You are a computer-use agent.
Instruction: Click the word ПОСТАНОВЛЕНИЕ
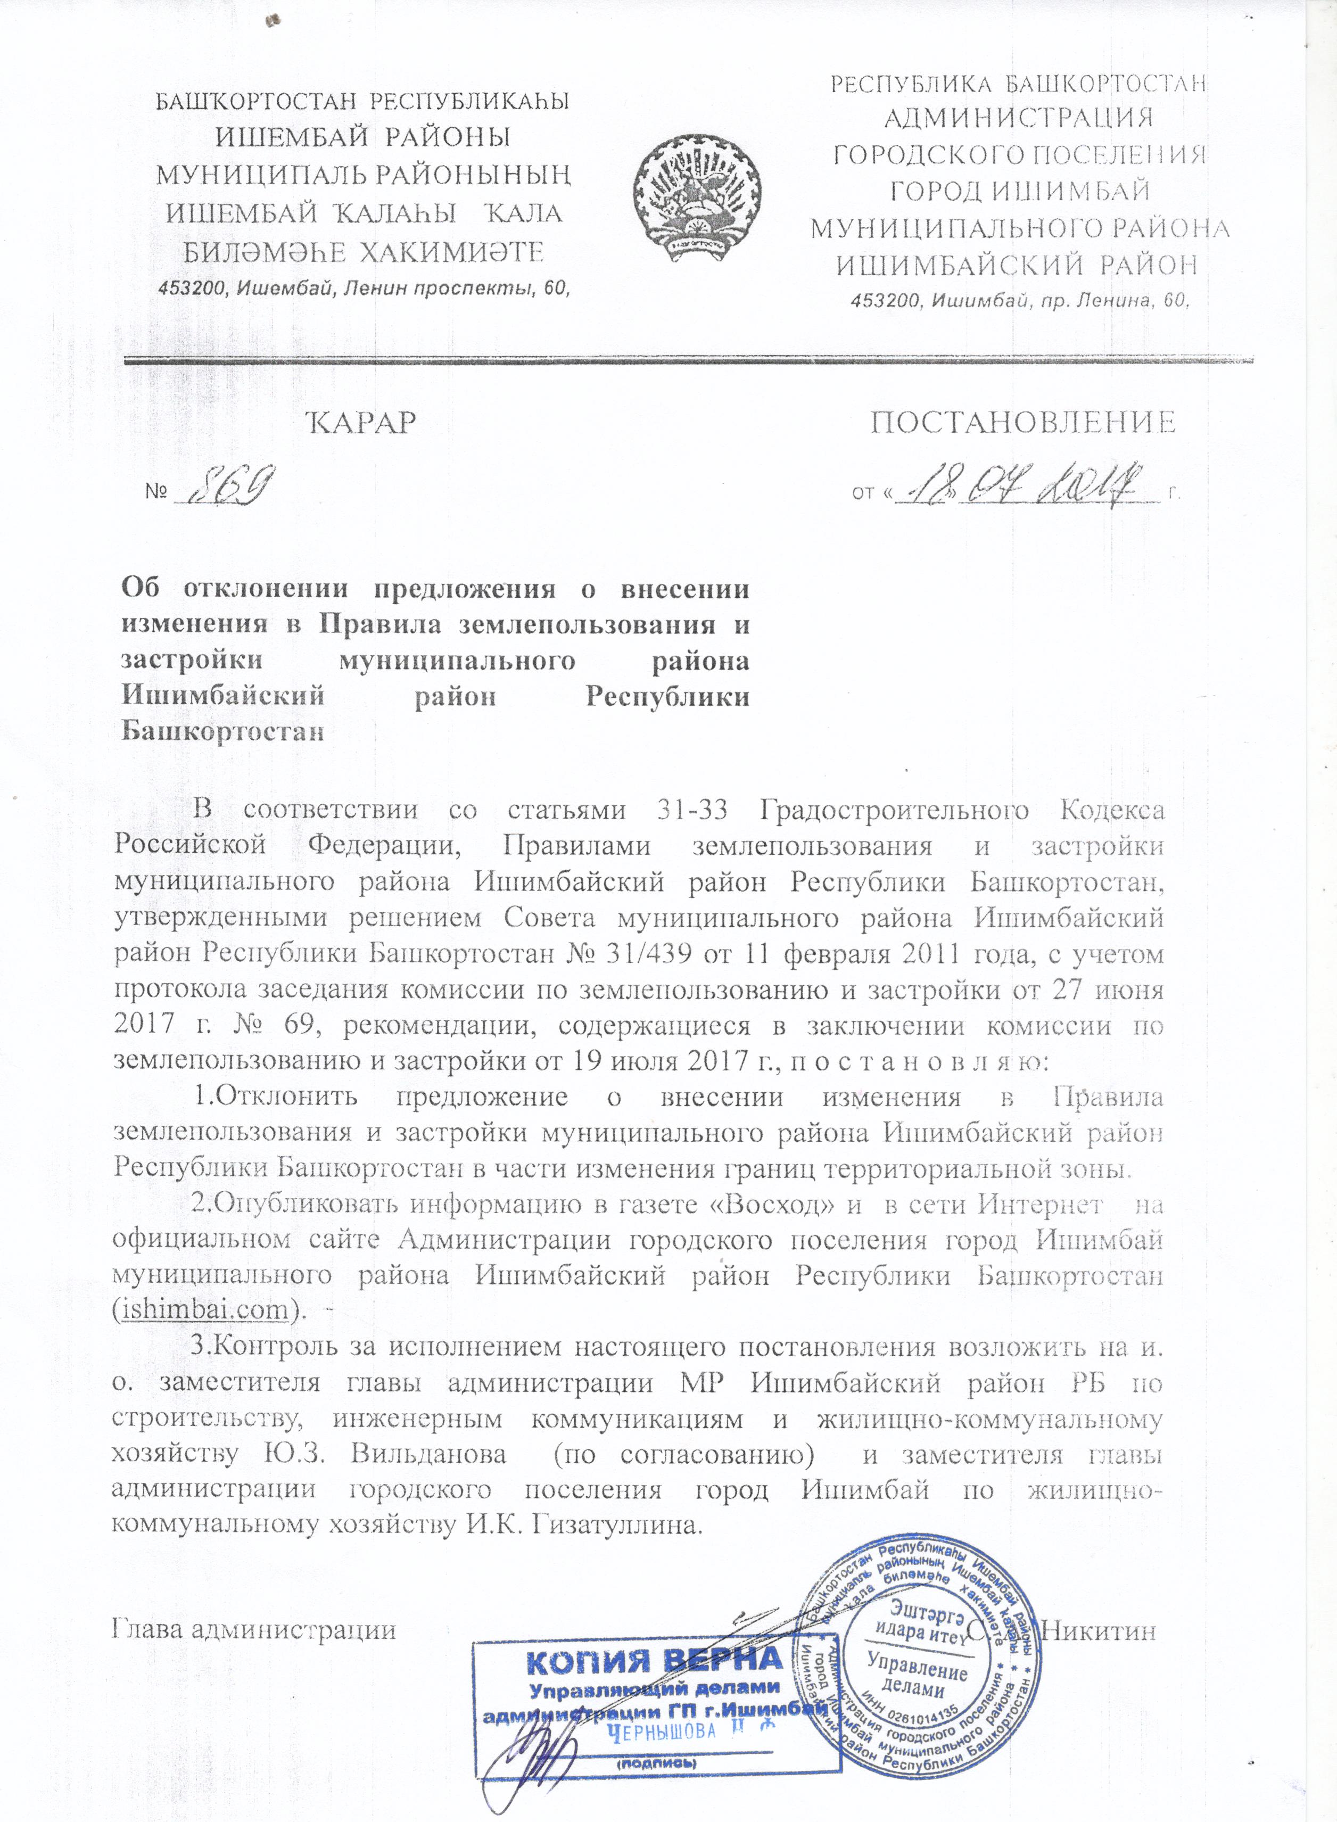point(1022,423)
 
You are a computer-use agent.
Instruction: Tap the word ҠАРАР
point(362,423)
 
